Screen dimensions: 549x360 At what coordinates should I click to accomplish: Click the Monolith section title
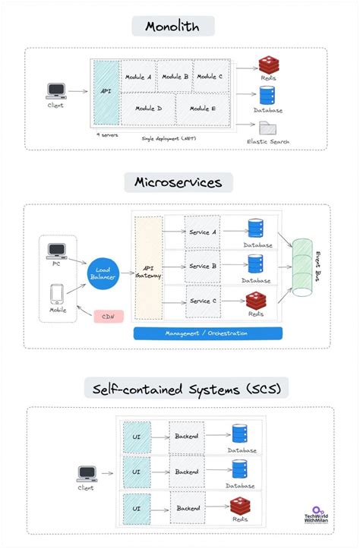172,27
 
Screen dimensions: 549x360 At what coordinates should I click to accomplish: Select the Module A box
137,77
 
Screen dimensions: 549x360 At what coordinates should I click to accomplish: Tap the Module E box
203,109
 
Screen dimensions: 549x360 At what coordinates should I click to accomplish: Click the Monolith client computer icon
55,92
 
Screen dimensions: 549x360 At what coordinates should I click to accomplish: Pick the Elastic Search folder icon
266,128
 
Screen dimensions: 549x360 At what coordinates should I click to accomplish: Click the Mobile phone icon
57,294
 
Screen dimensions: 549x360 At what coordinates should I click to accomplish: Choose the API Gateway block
148,268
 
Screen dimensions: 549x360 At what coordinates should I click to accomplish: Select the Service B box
202,267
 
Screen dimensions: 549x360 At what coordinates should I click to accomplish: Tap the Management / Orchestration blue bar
207,333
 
